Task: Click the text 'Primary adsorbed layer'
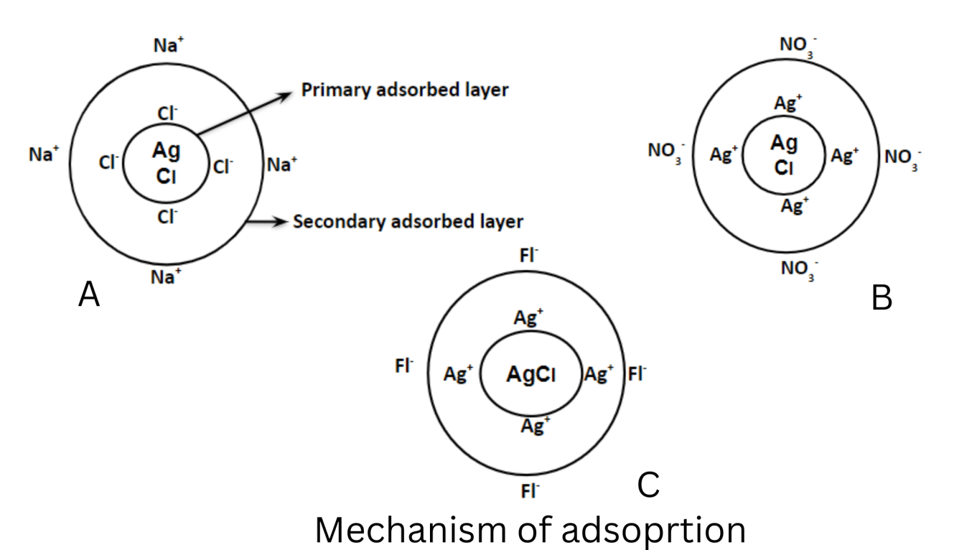(x=405, y=90)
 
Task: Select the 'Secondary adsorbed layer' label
(x=408, y=222)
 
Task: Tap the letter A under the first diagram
(x=89, y=295)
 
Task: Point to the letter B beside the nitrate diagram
(x=882, y=297)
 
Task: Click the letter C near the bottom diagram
(x=648, y=485)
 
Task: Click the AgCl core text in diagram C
(x=531, y=374)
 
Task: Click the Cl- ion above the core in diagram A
(x=167, y=113)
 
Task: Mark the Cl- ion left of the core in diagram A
(x=109, y=162)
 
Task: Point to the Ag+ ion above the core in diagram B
(x=788, y=102)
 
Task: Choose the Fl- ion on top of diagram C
(x=529, y=255)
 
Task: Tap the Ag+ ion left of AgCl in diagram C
(x=458, y=374)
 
